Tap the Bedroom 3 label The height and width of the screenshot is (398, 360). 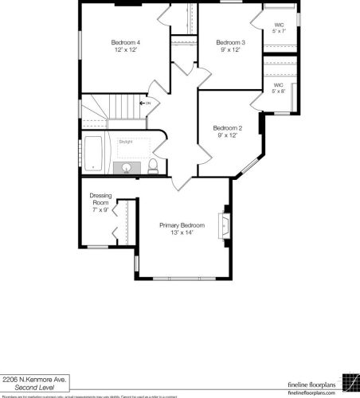pyautogui.click(x=230, y=41)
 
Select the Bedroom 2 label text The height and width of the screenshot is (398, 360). pyautogui.click(x=227, y=128)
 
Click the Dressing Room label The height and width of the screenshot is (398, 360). pyautogui.click(x=100, y=199)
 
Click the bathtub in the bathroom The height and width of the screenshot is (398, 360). pyautogui.click(x=94, y=154)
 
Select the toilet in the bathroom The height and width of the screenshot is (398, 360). pyautogui.click(x=152, y=166)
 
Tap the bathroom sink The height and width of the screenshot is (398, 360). pyautogui.click(x=126, y=169)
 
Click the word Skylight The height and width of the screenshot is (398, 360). pyautogui.click(x=126, y=142)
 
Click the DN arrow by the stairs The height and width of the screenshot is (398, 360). pyautogui.click(x=145, y=103)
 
